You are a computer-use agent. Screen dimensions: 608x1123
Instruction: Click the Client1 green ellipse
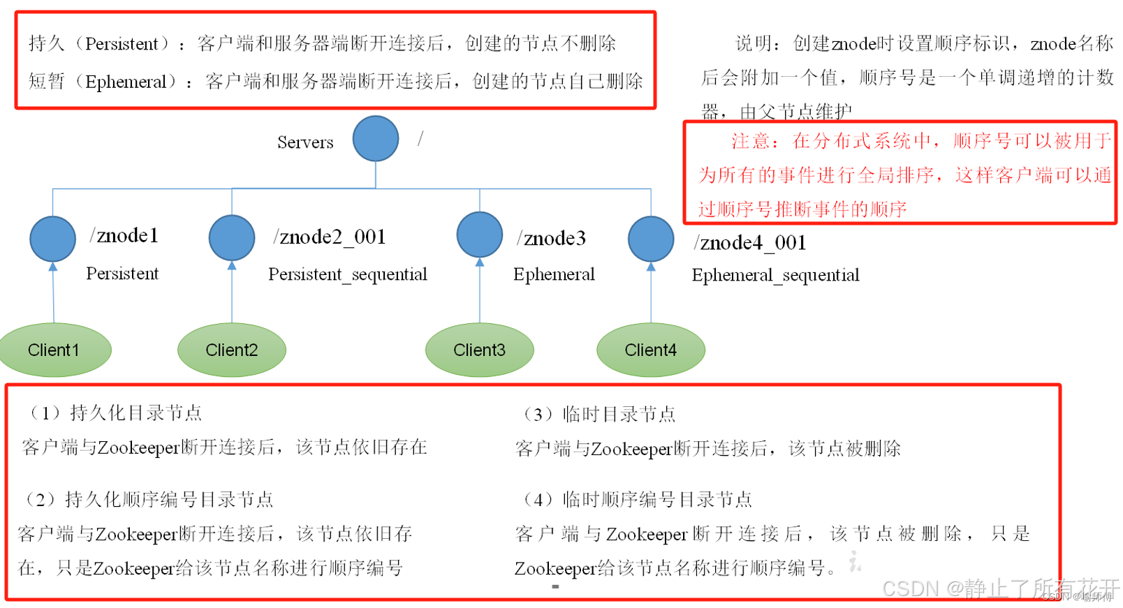54,350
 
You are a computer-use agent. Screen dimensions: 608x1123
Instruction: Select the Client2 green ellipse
232,350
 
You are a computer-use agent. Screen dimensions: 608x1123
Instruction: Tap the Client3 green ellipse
479,350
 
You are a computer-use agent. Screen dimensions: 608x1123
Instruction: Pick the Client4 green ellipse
650,350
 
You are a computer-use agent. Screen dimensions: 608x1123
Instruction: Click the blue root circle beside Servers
376,138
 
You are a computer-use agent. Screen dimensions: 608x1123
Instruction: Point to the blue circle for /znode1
53,239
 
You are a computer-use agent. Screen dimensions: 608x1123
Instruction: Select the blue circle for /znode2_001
232,237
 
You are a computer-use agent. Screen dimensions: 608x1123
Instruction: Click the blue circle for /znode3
480,235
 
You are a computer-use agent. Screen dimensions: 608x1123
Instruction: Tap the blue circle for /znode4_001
651,239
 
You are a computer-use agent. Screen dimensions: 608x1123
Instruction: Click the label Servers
305,142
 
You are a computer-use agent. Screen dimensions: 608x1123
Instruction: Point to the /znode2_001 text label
330,237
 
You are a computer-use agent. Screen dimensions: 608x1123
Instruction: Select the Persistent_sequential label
348,274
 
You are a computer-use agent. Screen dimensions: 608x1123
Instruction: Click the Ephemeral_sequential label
775,275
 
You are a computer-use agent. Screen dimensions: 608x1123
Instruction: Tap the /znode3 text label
551,239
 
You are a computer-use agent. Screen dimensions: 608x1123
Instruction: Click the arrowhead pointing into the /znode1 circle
53,267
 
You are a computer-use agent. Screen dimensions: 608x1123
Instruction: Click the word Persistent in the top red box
122,44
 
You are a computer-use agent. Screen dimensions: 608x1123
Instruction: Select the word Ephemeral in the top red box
126,82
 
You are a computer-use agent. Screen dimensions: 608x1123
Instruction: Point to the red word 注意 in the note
750,142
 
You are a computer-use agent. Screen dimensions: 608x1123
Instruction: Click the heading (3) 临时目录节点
599,415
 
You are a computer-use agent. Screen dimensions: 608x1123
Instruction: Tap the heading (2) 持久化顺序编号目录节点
149,500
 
